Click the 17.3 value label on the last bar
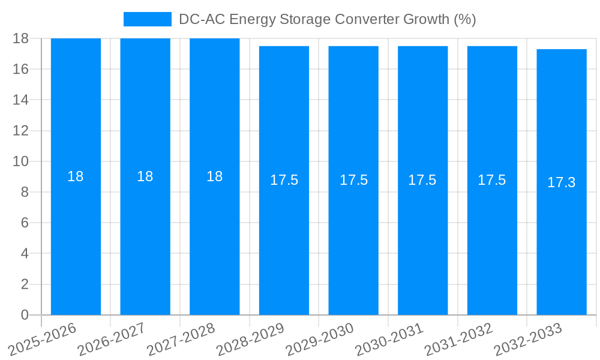click(x=562, y=182)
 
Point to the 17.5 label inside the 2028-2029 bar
click(x=284, y=180)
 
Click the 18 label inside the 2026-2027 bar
click(x=145, y=176)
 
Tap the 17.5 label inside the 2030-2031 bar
click(x=422, y=180)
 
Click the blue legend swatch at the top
click(x=148, y=19)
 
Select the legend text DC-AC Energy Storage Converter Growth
click(x=327, y=19)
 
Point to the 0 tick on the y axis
click(x=25, y=315)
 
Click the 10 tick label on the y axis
click(x=21, y=161)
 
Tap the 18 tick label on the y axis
click(x=21, y=38)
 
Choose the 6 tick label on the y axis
click(x=25, y=223)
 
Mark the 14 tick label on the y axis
click(x=21, y=100)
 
